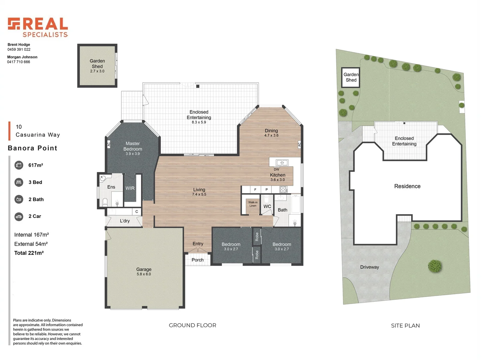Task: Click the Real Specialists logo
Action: (x=38, y=27)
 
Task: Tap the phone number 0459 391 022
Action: (x=19, y=49)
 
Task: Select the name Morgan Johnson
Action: (x=22, y=57)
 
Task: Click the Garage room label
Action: (x=144, y=269)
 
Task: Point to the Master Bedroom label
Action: (x=133, y=146)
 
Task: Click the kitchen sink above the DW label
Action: (x=282, y=163)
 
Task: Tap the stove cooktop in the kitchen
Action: (x=283, y=189)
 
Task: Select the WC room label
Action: (x=267, y=206)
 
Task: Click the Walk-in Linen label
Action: (x=253, y=204)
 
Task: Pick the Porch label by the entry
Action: (x=198, y=260)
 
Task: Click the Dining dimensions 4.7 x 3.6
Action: (x=271, y=135)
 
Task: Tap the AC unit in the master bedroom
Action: (x=109, y=144)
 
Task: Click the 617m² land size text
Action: (x=36, y=165)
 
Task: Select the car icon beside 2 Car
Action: (x=19, y=217)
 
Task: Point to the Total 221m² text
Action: (x=29, y=253)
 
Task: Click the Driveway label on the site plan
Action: (x=369, y=267)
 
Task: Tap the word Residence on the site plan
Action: (x=407, y=186)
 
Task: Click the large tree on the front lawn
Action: (x=435, y=266)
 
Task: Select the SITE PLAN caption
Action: (x=405, y=326)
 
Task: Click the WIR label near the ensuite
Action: (x=130, y=188)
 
